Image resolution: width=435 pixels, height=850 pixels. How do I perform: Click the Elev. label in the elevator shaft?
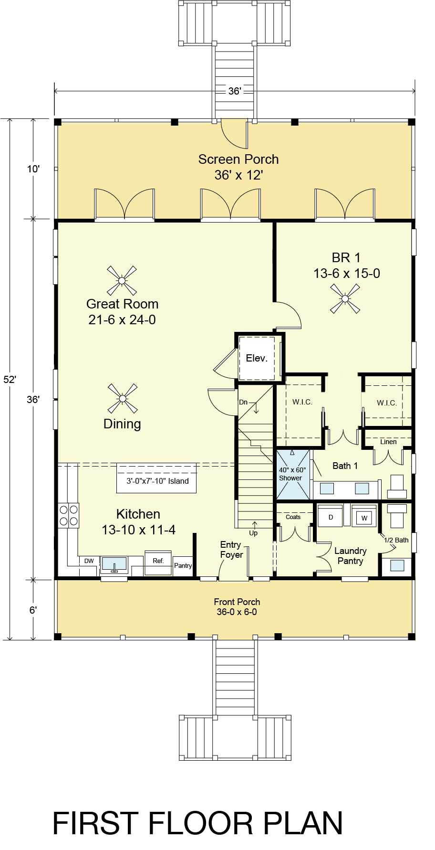click(257, 358)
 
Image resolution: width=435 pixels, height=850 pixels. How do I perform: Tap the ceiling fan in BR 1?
click(345, 298)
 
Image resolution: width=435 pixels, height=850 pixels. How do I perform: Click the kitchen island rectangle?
click(156, 478)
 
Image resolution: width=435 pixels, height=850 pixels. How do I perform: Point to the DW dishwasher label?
click(89, 561)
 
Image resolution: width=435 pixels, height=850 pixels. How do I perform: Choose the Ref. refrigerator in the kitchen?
click(158, 564)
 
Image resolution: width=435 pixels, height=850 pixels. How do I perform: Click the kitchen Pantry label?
click(183, 565)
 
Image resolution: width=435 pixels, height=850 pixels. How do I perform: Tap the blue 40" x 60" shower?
click(292, 474)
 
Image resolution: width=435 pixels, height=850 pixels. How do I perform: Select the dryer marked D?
click(330, 516)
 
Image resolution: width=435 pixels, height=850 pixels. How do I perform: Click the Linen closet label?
click(388, 442)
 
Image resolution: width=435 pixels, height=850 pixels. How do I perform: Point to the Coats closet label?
click(293, 517)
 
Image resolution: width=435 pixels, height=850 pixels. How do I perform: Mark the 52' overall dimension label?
click(10, 379)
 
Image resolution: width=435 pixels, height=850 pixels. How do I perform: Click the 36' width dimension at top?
click(234, 91)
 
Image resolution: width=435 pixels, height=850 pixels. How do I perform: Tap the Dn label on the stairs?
click(243, 402)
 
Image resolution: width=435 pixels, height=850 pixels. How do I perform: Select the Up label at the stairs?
click(253, 533)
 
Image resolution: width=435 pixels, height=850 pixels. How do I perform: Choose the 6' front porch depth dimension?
click(33, 610)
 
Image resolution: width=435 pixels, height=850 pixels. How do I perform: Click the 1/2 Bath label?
click(396, 540)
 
